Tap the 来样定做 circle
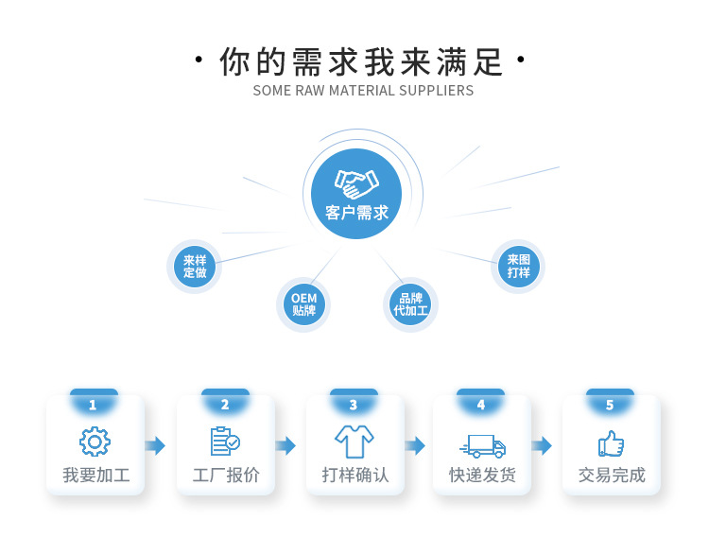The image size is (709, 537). [195, 267]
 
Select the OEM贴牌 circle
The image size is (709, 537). [304, 304]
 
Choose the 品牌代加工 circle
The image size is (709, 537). [410, 304]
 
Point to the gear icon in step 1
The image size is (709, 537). [95, 442]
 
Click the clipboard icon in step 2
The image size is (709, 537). [224, 442]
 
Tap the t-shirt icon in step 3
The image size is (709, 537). [354, 442]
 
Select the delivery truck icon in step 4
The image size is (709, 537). [482, 445]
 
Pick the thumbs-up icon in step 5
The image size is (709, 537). [611, 442]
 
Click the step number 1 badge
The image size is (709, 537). [93, 405]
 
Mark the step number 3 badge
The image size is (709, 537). [354, 405]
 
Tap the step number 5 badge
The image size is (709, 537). [610, 405]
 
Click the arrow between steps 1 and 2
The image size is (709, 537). [156, 445]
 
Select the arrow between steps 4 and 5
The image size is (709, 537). [542, 445]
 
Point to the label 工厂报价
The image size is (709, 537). [226, 475]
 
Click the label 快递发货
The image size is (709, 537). [482, 475]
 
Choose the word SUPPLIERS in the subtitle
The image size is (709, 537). [436, 91]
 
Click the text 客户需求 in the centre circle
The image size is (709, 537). [356, 214]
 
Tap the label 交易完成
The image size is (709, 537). [612, 475]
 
